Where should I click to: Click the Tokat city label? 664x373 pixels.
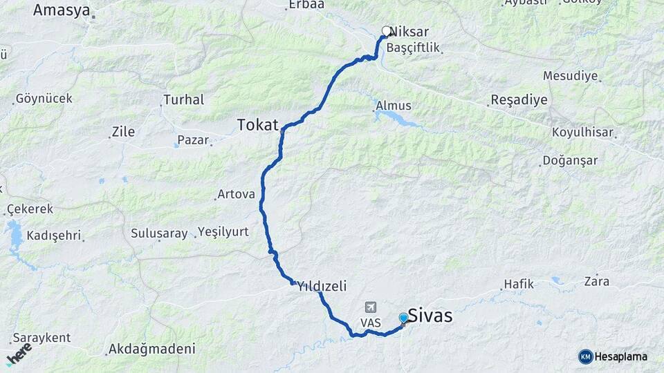pos(257,125)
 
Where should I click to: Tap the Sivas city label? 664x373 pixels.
pos(430,316)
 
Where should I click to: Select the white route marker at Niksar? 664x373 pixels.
pos(387,31)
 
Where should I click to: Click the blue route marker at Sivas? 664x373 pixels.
pos(403,318)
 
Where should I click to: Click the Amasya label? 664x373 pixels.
pos(62,10)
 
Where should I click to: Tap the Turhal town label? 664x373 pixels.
pos(183,99)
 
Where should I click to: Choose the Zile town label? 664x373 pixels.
pos(124,131)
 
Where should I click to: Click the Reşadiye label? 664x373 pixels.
pos(519,99)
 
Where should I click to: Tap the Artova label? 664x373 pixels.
pos(236,194)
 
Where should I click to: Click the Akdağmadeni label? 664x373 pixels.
pos(151,349)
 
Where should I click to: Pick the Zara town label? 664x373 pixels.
pos(596,281)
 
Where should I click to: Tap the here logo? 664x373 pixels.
pos(19,354)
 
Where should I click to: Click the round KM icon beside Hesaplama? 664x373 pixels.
pos(585,356)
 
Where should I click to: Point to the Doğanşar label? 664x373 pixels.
pos(571,160)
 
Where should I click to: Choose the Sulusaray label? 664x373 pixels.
pos(159,233)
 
